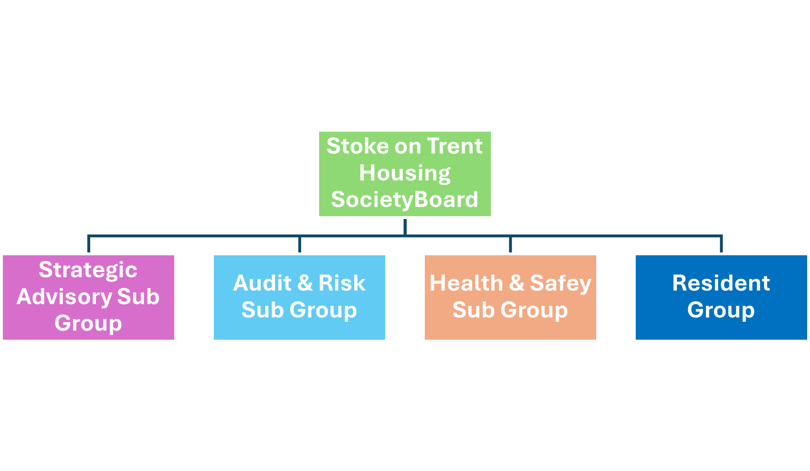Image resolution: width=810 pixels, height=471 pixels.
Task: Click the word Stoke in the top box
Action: coord(352,146)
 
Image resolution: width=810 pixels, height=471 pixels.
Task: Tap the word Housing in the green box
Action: coord(405,173)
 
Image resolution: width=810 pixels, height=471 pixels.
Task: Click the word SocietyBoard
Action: coord(404,199)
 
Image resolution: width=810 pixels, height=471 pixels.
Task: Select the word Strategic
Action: coord(88,270)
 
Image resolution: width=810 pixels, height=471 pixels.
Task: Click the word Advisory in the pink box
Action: coord(64,296)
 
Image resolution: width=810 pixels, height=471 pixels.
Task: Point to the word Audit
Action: coord(262,283)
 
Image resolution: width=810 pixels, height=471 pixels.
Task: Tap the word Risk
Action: coord(342,283)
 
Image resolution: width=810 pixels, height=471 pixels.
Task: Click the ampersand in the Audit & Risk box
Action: coord(305,283)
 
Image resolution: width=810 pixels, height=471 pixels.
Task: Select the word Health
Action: coord(466,283)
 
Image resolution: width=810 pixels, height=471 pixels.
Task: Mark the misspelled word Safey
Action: coord(560,283)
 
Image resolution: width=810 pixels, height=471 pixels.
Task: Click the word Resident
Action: coord(721,283)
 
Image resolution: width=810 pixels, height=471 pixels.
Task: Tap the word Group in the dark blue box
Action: coord(721,310)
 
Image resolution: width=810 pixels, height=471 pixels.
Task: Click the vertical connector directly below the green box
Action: coord(405,227)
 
